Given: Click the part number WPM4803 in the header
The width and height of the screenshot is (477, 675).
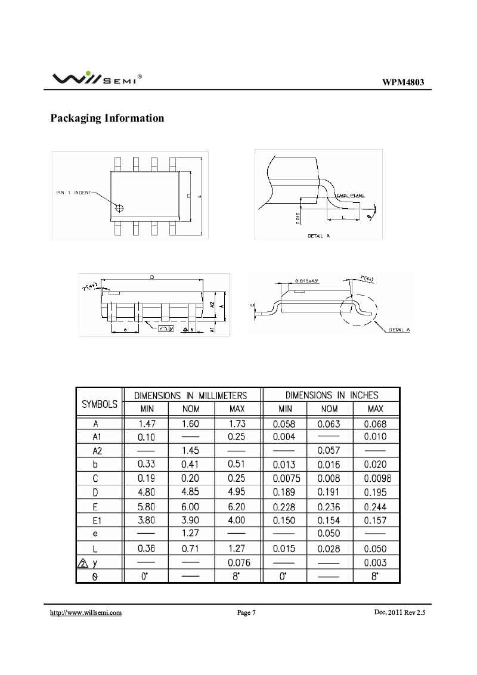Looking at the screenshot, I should pos(403,83).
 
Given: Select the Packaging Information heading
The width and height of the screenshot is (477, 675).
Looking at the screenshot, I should pos(107,118).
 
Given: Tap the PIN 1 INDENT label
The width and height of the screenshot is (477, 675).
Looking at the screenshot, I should pos(74,192).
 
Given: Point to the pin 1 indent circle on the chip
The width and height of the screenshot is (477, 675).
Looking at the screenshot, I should pos(120,208).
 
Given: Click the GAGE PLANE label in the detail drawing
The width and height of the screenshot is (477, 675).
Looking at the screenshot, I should pos(351,195).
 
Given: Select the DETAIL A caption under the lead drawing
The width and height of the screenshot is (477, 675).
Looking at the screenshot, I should pos(318,236).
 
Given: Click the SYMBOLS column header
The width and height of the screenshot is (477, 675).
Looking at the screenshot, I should pos(99,404).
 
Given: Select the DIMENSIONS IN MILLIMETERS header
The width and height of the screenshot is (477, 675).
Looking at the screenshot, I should pos(190,395).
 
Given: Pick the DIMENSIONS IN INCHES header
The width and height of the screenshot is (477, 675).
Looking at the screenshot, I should pos(332,395).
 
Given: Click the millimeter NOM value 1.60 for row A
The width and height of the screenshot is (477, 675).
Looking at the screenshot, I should pos(190,424).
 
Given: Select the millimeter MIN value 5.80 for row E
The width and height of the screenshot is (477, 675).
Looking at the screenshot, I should pos(146,506).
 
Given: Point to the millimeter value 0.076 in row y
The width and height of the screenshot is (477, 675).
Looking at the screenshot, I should pos(237,562).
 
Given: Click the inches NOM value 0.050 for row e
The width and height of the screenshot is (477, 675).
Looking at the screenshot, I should pos(329,534).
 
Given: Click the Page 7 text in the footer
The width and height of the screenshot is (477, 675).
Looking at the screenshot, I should pos(246,612).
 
